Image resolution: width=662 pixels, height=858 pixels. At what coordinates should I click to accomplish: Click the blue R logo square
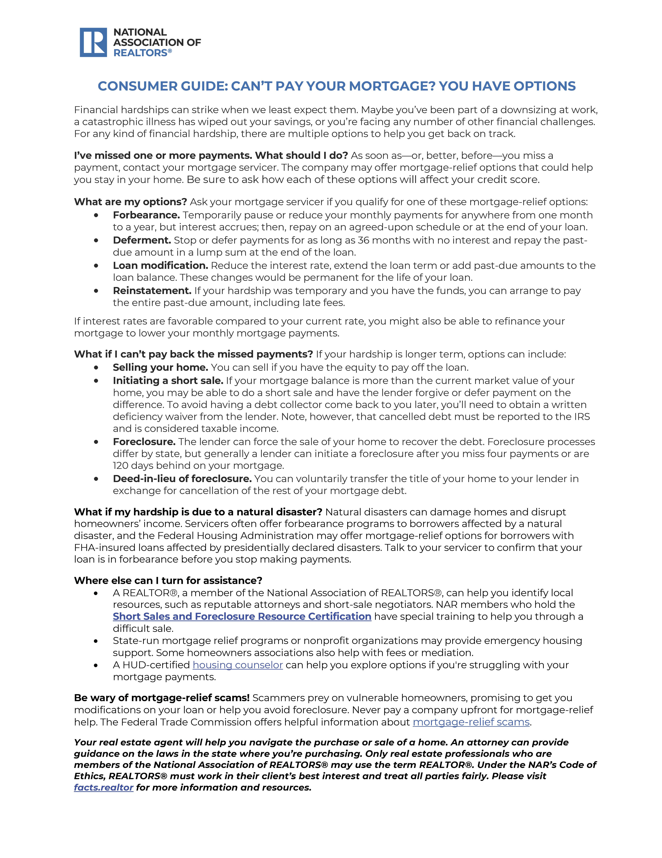[x=93, y=42]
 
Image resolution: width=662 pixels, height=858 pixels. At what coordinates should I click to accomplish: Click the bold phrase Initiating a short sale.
[x=168, y=381]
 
